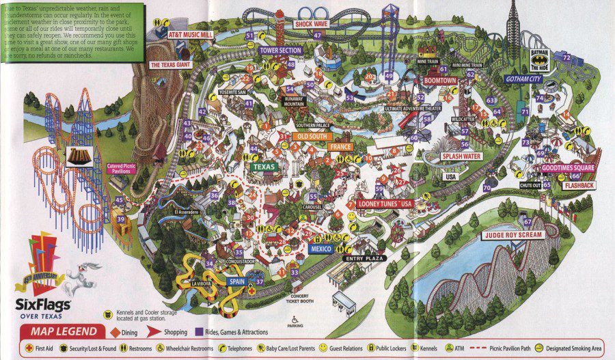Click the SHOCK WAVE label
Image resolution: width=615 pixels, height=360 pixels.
(312, 23)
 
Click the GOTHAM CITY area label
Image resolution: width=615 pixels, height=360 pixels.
(523, 79)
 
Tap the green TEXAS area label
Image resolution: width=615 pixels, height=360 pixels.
(264, 166)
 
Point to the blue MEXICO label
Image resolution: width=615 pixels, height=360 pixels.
(320, 249)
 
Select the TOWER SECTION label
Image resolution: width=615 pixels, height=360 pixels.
(280, 51)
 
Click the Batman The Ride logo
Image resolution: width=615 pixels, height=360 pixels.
(539, 59)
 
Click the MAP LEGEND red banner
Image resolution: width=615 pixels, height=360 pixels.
(60, 331)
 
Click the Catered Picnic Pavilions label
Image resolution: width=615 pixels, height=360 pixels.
(123, 168)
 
